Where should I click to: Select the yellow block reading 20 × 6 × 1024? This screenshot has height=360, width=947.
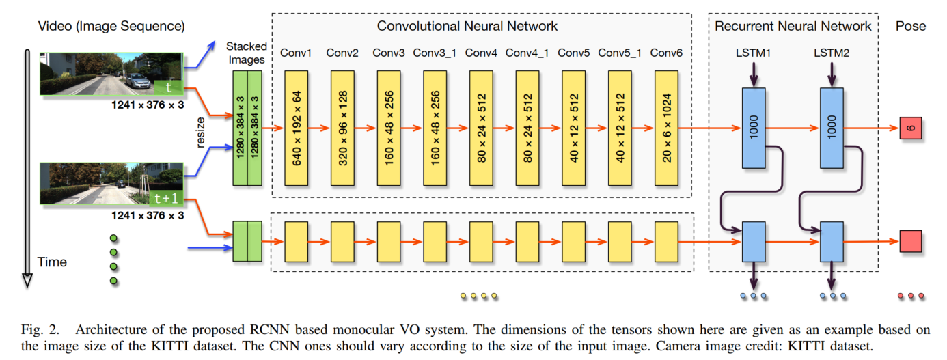[666, 128]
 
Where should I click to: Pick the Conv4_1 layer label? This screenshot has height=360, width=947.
[527, 53]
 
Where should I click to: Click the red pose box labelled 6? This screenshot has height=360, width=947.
[911, 128]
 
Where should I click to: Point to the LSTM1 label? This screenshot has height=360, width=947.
[754, 53]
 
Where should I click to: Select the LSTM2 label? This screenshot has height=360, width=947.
[832, 53]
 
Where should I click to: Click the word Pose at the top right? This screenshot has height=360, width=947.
[911, 26]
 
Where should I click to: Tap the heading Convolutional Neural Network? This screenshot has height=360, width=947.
[467, 26]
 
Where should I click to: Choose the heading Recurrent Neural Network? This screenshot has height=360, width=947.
[793, 26]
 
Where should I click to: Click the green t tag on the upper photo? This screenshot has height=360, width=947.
[168, 87]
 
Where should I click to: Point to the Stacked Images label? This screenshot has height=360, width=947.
[246, 53]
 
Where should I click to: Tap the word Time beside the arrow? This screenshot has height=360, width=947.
[52, 262]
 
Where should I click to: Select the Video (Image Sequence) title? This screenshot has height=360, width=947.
[111, 26]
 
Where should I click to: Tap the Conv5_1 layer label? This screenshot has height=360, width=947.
[620, 53]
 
